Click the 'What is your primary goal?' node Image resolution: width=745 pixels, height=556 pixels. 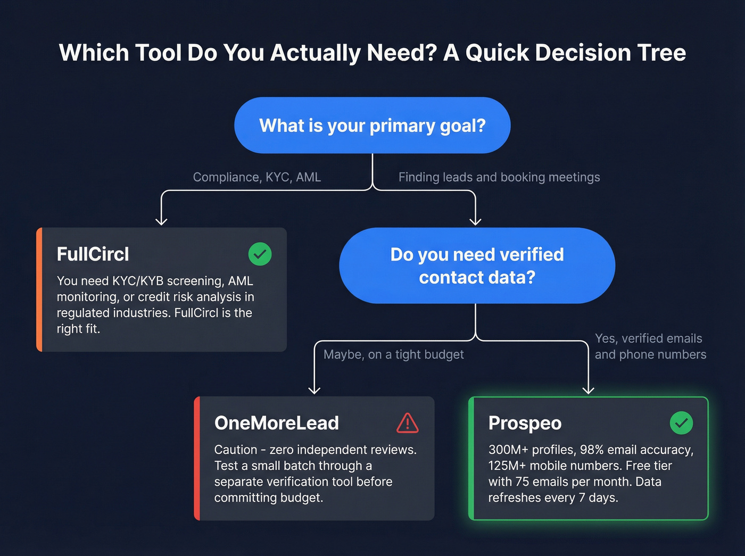point(372,126)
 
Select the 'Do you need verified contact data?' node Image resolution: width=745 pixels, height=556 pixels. point(477,265)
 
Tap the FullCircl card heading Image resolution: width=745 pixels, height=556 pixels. point(93,254)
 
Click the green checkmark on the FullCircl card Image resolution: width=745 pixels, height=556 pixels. point(260,254)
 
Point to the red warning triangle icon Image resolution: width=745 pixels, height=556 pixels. point(408,423)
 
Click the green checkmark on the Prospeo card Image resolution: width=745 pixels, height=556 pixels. point(681,423)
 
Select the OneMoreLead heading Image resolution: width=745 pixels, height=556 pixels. point(276,423)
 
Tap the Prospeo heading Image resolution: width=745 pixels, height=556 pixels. point(525,423)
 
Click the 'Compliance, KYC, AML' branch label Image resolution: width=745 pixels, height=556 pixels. point(257,177)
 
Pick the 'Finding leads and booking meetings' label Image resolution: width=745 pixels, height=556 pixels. point(499,177)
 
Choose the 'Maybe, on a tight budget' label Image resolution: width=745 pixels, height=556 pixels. point(394,354)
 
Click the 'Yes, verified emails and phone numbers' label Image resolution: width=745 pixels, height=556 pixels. point(650,346)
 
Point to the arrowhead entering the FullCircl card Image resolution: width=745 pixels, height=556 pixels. point(161,221)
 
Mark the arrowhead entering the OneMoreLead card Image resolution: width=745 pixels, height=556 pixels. point(314,390)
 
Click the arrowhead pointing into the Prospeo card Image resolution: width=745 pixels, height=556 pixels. point(588,390)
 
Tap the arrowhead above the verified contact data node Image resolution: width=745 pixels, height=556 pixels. point(475,221)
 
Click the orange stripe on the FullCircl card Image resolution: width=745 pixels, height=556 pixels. point(39,289)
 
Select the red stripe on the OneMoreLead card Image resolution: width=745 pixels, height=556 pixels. point(197,458)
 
